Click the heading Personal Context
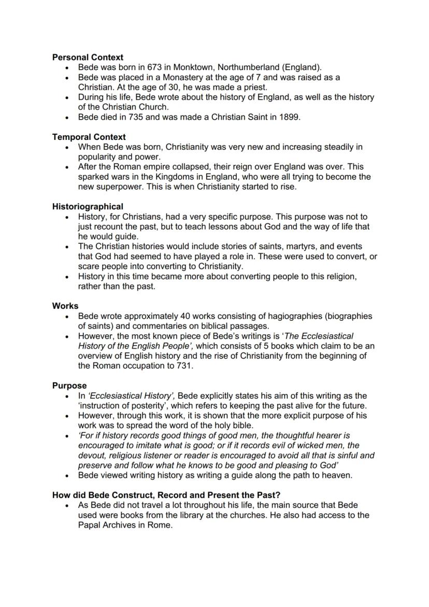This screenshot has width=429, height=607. [x=88, y=58]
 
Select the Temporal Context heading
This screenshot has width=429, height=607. [x=89, y=137]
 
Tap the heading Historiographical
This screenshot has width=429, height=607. [x=88, y=207]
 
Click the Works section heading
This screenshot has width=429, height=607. [x=65, y=306]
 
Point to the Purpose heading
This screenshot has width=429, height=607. [x=69, y=386]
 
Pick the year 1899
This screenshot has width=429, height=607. [x=290, y=117]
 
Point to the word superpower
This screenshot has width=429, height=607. [x=122, y=187]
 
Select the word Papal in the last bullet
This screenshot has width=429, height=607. [x=90, y=525]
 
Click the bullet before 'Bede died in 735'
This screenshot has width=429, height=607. [x=67, y=117]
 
